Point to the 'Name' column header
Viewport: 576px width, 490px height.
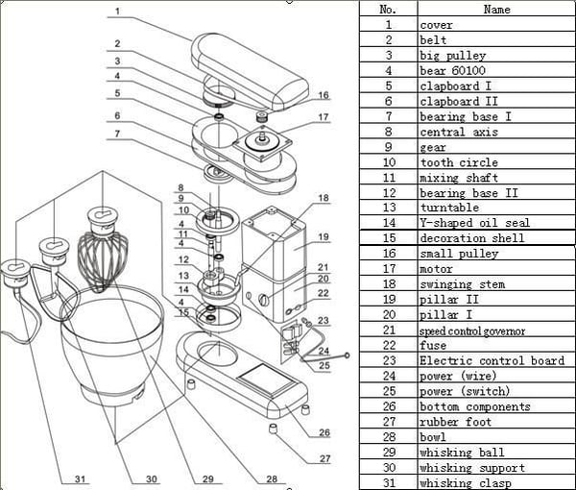coord(496,10)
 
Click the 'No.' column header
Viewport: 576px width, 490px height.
coord(388,10)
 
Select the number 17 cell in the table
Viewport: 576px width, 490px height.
coord(388,269)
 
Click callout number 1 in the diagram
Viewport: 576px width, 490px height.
coord(115,12)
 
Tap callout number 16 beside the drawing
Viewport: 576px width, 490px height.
coord(324,95)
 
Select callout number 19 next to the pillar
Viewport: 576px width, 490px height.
coord(324,237)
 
